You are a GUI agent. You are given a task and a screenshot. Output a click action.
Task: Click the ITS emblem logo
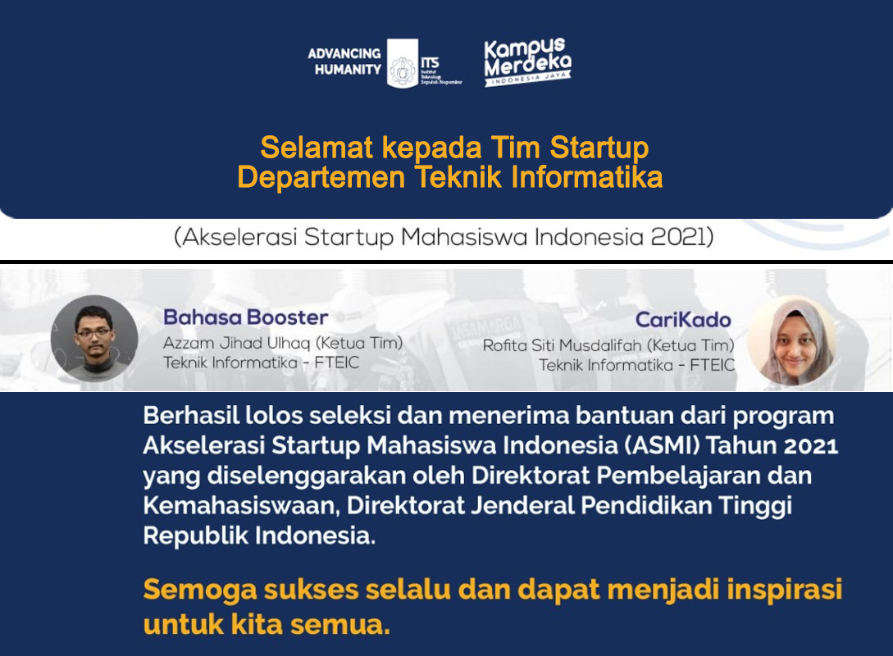tap(403, 63)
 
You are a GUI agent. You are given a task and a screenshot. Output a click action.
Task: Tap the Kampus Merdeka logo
tap(527, 62)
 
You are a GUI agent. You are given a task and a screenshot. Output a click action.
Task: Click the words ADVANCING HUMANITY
tap(344, 61)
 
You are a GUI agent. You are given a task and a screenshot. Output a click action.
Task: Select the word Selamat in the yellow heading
tap(317, 148)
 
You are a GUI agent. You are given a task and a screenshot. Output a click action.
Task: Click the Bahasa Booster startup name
tap(245, 317)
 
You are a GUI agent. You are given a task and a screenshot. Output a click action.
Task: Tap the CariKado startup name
tap(683, 320)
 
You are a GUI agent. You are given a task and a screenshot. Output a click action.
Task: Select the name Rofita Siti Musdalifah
tap(565, 345)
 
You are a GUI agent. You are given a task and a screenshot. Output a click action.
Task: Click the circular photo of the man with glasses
tap(94, 338)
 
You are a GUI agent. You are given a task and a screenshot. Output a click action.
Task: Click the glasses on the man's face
tap(94, 332)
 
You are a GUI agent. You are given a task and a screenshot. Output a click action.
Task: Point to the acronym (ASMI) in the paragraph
tap(663, 445)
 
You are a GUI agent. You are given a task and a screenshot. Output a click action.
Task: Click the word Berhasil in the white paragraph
tap(191, 415)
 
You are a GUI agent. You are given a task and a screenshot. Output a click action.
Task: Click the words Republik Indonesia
tap(259, 535)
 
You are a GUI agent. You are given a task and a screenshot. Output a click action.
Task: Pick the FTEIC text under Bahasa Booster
tap(336, 362)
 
